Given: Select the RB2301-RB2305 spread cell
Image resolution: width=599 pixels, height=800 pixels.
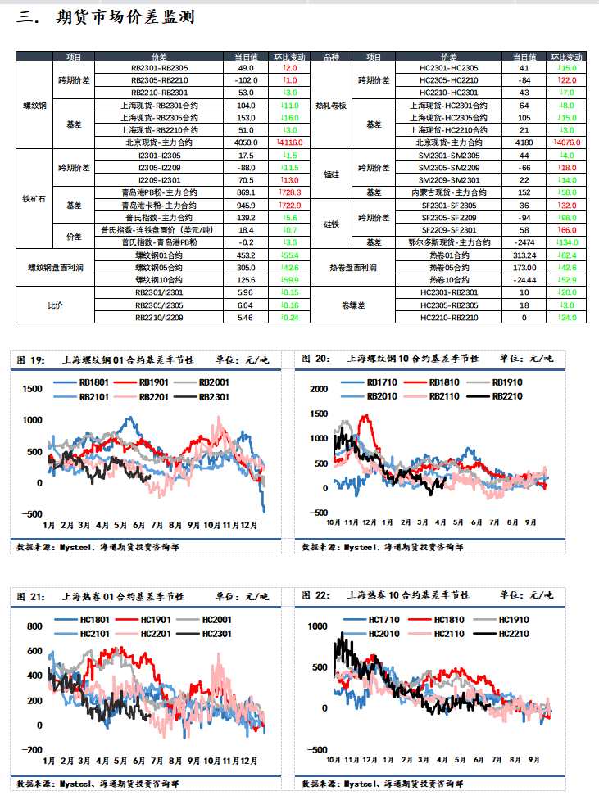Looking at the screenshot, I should [160, 68].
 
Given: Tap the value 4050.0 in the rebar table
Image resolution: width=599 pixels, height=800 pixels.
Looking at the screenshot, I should [245, 142].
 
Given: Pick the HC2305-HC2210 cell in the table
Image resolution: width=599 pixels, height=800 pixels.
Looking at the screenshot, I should [448, 80].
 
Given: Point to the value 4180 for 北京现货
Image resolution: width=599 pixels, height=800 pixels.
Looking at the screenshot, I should [524, 142].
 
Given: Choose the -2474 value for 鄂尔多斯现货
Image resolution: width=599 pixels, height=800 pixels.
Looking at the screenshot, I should [524, 242].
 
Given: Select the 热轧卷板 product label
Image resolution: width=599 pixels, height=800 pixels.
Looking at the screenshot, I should [331, 106].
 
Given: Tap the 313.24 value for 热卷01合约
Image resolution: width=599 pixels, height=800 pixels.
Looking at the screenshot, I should [524, 255].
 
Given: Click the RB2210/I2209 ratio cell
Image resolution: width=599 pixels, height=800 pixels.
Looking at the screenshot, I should [160, 317].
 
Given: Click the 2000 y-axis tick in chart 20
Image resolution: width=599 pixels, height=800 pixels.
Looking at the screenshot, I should [318, 389].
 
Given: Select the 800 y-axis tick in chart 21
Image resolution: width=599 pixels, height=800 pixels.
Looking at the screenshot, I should [34, 626].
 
